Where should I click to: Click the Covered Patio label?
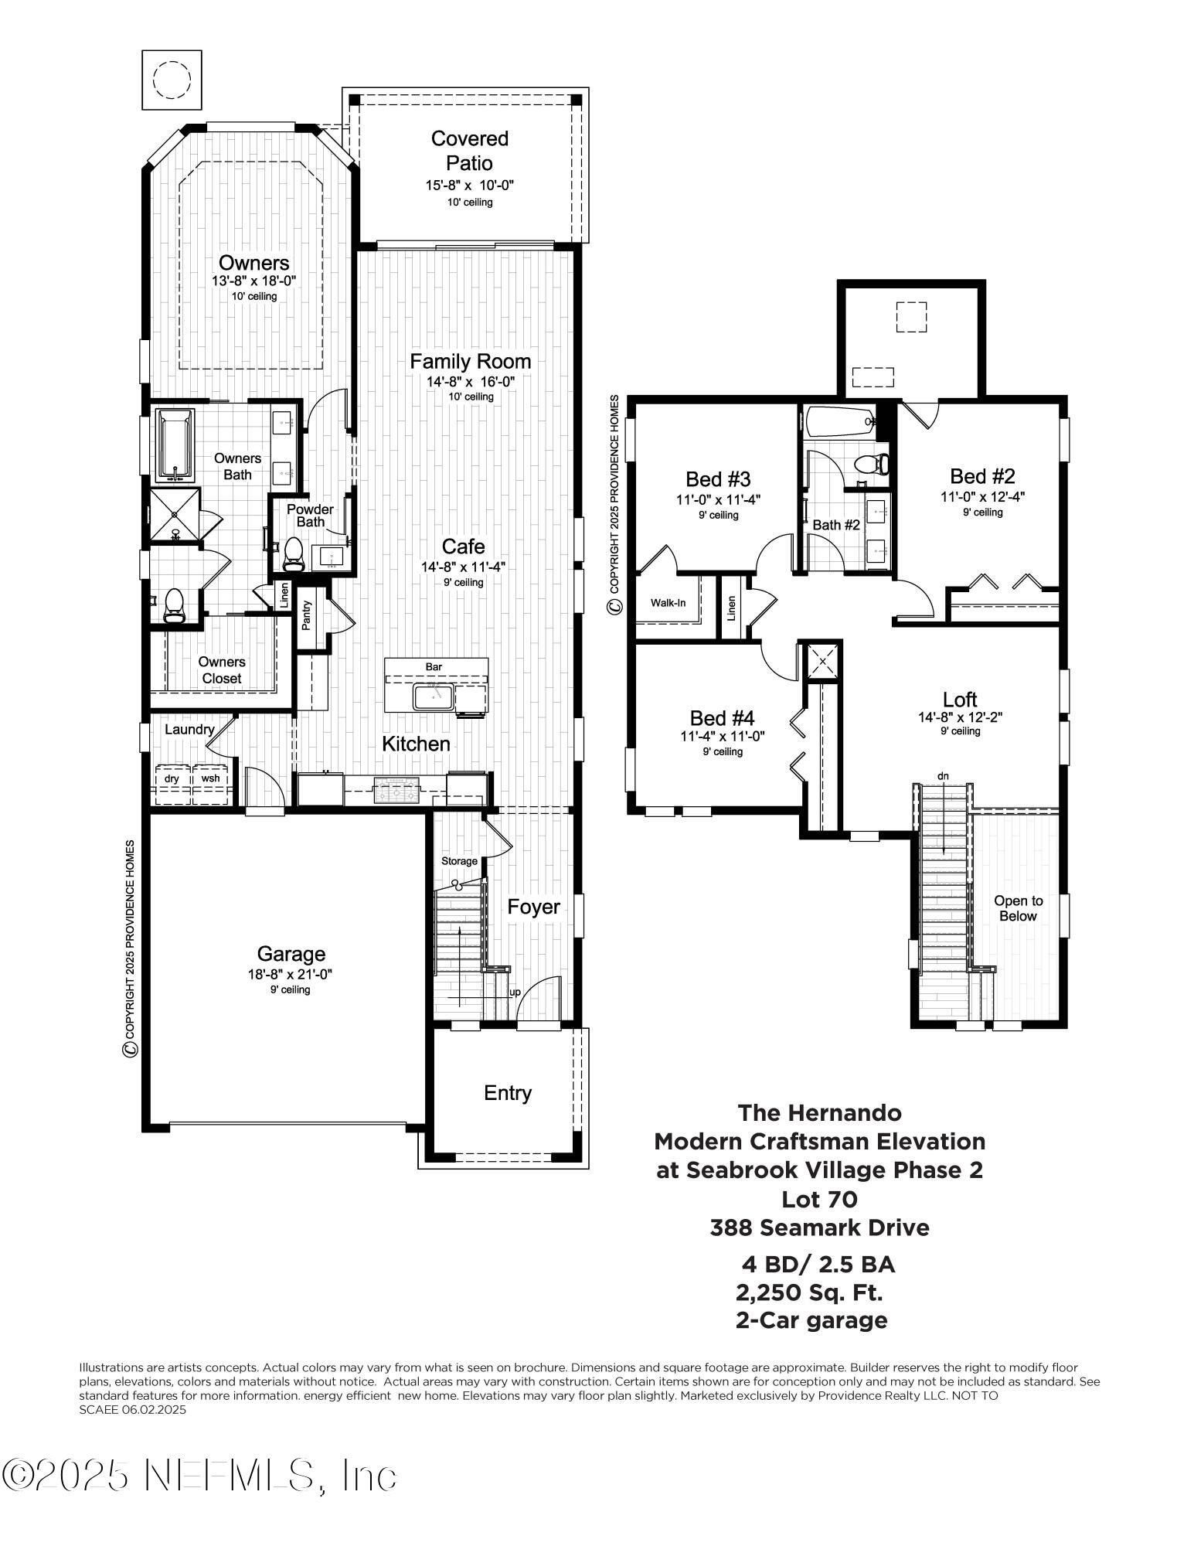[469, 151]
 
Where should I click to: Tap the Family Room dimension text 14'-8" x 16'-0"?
[470, 381]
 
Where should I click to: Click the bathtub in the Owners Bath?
[175, 445]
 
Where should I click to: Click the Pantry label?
[306, 615]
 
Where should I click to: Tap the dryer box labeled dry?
[172, 779]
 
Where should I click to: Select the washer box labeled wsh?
[210, 779]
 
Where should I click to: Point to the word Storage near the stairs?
[459, 861]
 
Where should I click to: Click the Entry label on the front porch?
[508, 1092]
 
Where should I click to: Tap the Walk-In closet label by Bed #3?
[668, 602]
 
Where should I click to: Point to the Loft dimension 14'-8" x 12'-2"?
[960, 717]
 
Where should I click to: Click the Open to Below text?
[1018, 908]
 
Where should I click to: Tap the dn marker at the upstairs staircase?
[943, 775]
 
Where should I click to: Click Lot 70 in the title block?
[819, 1199]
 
